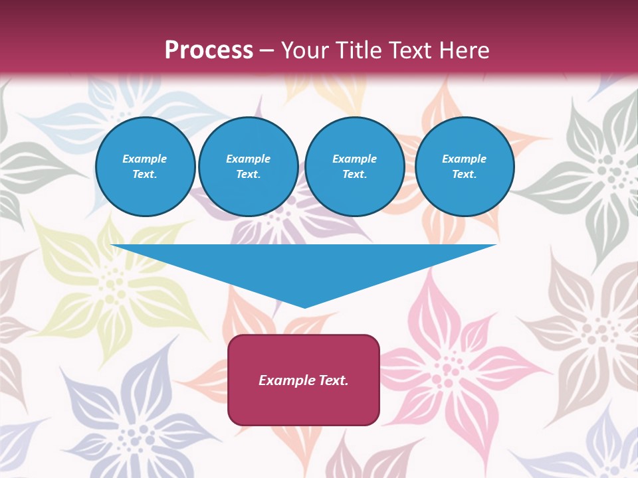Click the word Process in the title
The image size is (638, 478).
[209, 50]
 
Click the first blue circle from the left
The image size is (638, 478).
[145, 166]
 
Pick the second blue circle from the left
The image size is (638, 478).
[248, 166]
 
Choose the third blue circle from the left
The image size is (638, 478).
[354, 166]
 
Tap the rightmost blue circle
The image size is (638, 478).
[464, 166]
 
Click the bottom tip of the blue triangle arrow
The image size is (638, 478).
[304, 306]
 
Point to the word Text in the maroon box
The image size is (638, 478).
[334, 380]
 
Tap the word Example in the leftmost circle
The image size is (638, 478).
[145, 159]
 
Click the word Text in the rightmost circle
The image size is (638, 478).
[464, 174]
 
